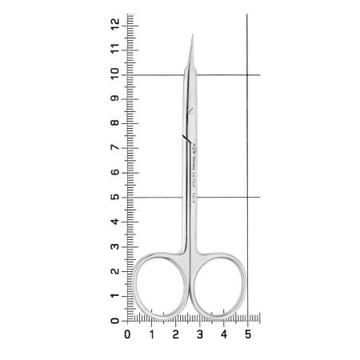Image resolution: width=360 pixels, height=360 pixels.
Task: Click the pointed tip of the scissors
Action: coord(193,34)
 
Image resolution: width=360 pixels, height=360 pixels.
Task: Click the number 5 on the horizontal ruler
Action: coord(247,334)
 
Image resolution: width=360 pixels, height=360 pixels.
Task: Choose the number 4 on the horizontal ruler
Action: coord(223,334)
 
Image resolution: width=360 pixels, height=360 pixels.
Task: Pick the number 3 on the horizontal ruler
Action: coord(199,334)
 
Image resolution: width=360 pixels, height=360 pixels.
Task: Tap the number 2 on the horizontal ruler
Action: coord(175,334)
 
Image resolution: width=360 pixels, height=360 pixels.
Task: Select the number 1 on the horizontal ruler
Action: coord(151,334)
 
